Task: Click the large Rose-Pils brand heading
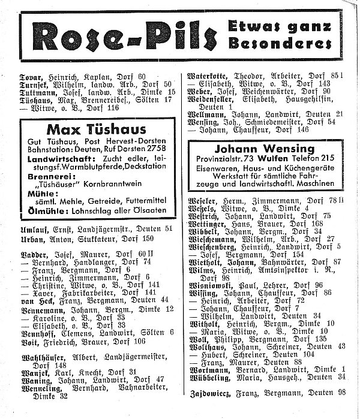pyautogui.click(x=120, y=37)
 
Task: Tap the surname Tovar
pyautogui.click(x=31, y=77)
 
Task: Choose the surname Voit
pyautogui.click(x=29, y=341)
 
